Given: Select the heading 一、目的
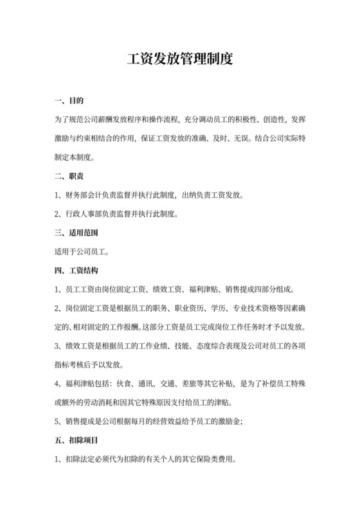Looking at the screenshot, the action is coord(70,101).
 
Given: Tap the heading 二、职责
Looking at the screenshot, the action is coord(70,175).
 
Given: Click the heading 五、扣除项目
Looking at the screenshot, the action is coord(77,442).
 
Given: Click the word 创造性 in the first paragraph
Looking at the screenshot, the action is coord(269,120).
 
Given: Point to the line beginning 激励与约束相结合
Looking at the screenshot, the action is coord(179,138).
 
